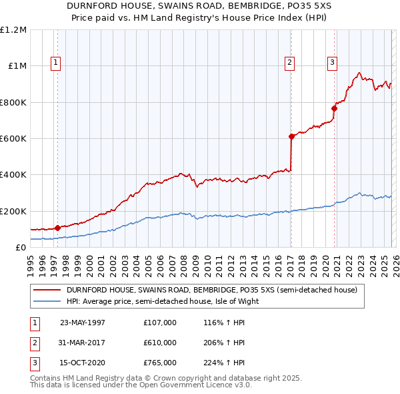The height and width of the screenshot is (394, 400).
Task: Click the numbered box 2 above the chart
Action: (290, 63)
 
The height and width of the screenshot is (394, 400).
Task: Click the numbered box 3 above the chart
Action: (332, 63)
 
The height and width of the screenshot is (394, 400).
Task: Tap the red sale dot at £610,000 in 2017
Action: (291, 136)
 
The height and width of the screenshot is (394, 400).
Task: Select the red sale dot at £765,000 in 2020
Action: (334, 108)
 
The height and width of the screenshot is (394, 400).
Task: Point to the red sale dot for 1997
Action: (58, 228)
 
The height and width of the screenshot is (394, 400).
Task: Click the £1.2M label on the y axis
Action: (13, 30)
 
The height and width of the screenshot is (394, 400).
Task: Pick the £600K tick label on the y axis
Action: (13, 139)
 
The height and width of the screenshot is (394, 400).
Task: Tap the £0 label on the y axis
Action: (21, 248)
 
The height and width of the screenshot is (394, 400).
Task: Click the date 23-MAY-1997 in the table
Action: (83, 323)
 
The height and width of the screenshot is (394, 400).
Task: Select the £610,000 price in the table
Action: (160, 343)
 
